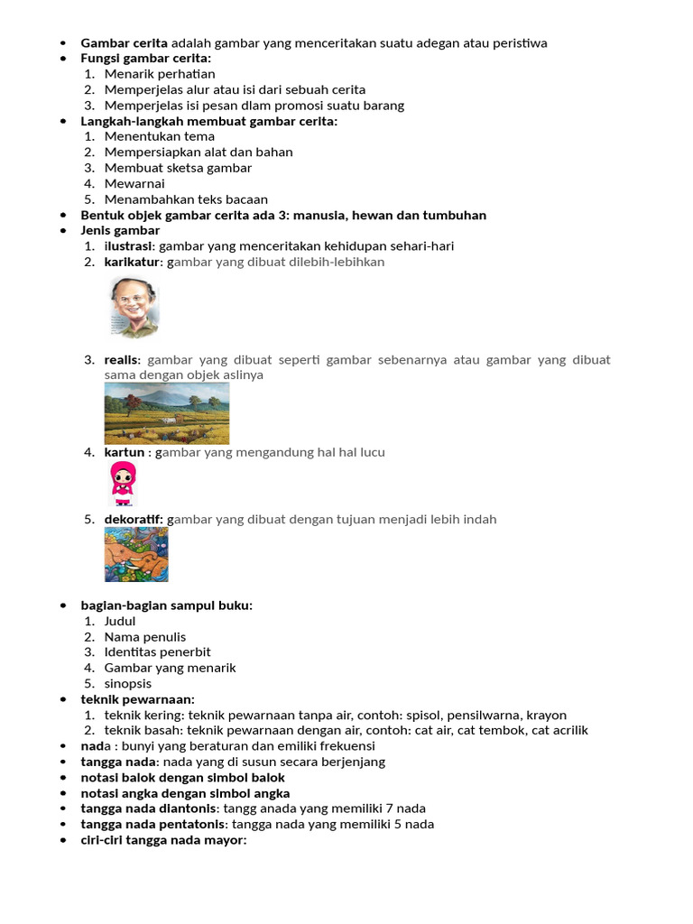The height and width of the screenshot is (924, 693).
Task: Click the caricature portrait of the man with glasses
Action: pyautogui.click(x=134, y=307)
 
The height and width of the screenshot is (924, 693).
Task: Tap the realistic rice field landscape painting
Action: pyautogui.click(x=167, y=413)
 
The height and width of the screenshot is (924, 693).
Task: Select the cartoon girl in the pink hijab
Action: pyautogui.click(x=123, y=483)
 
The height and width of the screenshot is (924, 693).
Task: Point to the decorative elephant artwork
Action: pyautogui.click(x=136, y=555)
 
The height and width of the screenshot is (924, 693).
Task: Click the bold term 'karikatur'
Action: pyautogui.click(x=131, y=262)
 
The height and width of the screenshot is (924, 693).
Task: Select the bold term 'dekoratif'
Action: pyautogui.click(x=134, y=520)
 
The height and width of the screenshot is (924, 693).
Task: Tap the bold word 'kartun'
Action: pyautogui.click(x=124, y=452)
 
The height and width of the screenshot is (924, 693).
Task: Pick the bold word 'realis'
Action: pyautogui.click(x=122, y=360)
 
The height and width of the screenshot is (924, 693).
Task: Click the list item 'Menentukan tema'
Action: pyautogui.click(x=160, y=136)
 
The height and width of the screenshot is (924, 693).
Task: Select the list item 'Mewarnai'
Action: pyautogui.click(x=134, y=183)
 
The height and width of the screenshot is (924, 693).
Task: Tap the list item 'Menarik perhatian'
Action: pyautogui.click(x=160, y=74)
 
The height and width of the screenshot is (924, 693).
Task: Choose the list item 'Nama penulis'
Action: pyautogui.click(x=145, y=637)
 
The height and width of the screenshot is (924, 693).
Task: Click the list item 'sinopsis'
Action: pyautogui.click(x=128, y=684)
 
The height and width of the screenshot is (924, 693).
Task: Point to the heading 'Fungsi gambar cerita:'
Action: pyautogui.click(x=145, y=59)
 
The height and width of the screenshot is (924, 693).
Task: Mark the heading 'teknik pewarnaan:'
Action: pyautogui.click(x=137, y=699)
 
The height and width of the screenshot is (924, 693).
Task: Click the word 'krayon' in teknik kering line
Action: pyautogui.click(x=547, y=715)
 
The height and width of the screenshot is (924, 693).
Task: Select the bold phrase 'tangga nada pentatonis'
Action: pyautogui.click(x=154, y=824)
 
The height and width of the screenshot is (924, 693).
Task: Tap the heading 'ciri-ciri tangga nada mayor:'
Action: pyautogui.click(x=163, y=840)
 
